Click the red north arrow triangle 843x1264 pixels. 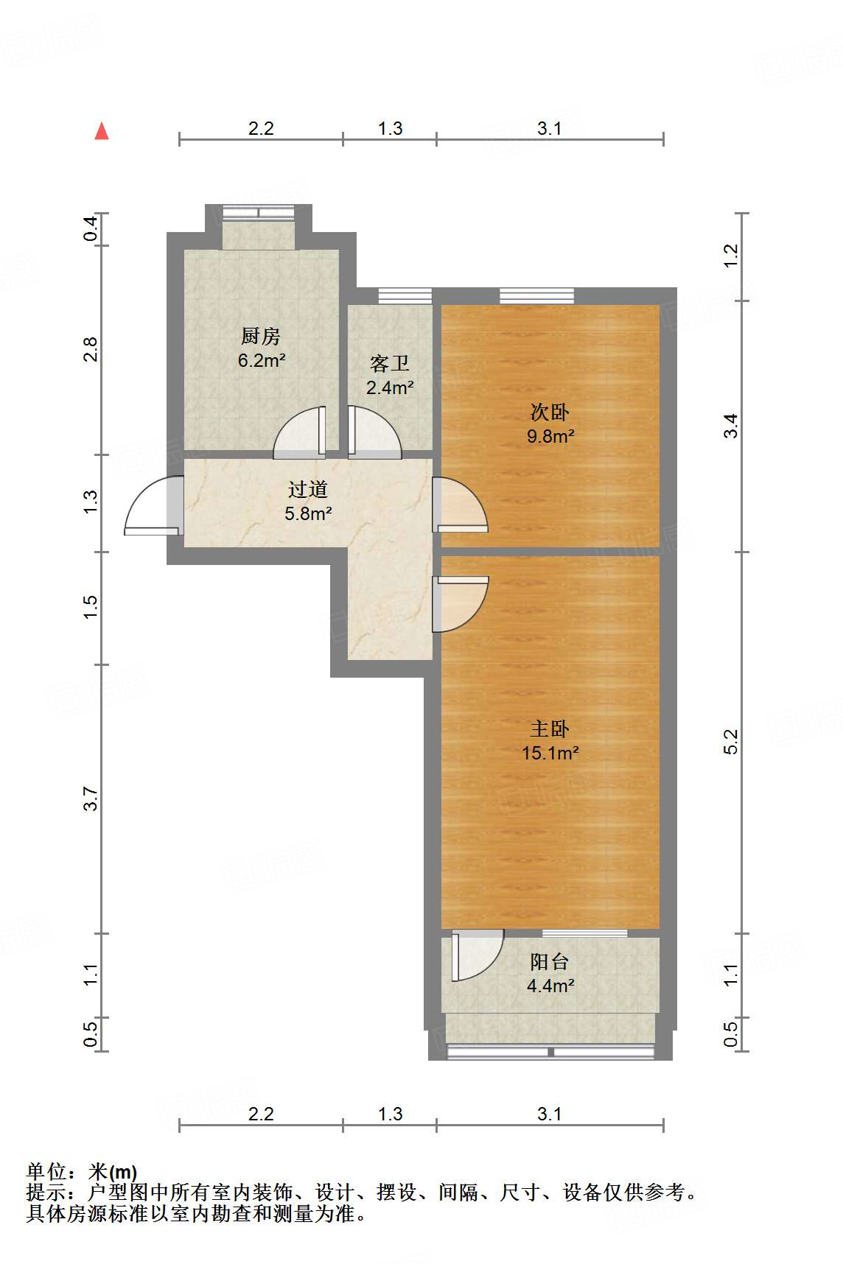tap(102, 131)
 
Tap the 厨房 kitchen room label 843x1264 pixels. tap(261, 337)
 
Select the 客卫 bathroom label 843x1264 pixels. tap(390, 364)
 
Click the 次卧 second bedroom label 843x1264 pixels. tap(550, 412)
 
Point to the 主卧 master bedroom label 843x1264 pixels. tap(550, 728)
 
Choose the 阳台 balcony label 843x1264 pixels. tap(550, 961)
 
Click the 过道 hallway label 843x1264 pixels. tap(308, 489)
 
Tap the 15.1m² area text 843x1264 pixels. tap(550, 753)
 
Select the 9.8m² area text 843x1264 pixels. tap(550, 436)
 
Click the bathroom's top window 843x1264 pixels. tap(405, 296)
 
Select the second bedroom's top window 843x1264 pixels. tap(536, 296)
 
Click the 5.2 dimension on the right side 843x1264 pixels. tap(730, 742)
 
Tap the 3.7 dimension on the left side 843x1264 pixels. tap(90, 798)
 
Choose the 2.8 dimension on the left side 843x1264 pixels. tap(90, 349)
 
